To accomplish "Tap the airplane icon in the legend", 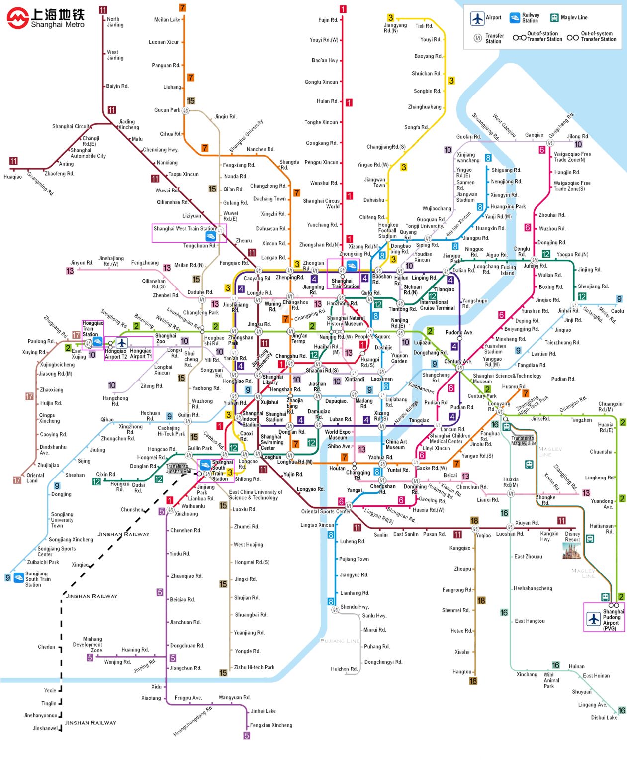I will click(x=477, y=18).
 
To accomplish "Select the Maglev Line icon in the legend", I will click(x=554, y=18).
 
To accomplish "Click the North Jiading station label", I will click(x=115, y=22).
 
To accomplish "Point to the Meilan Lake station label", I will click(x=167, y=20).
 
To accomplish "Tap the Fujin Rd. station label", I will click(x=328, y=20).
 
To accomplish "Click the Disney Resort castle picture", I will click(x=571, y=551).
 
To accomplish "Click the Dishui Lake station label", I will click(x=604, y=717).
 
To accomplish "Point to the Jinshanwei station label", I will click(x=45, y=728).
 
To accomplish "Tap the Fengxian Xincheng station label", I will click(x=271, y=725).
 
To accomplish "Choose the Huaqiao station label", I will click(x=12, y=177).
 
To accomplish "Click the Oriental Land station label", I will click(x=35, y=478).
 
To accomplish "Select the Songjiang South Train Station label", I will click(x=38, y=579).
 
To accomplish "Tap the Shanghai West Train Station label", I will click(x=184, y=229).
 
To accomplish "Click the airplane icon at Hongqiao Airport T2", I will click(x=121, y=343).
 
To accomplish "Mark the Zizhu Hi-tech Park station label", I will click(x=254, y=667).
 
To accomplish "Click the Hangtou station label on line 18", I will click(x=461, y=672).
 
